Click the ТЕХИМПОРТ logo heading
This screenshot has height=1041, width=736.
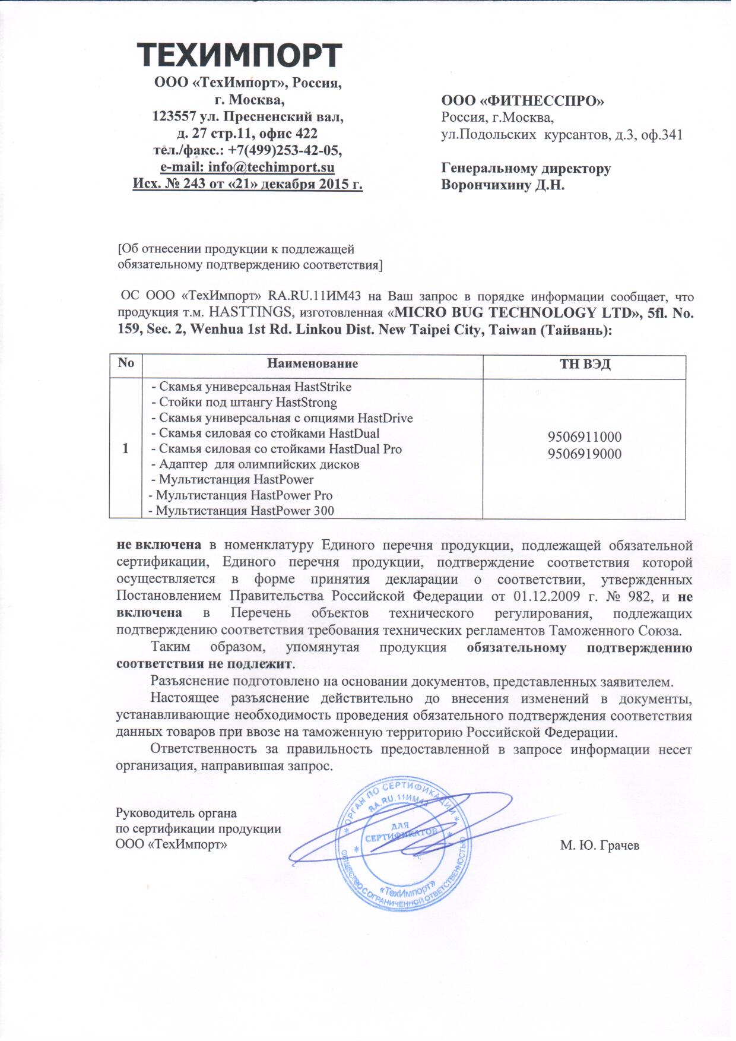[x=240, y=55]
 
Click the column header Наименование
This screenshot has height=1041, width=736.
[x=312, y=363]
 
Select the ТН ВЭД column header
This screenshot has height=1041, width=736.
[x=585, y=364]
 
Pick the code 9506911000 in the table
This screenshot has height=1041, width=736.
[x=584, y=438]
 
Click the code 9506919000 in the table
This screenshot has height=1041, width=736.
[x=584, y=454]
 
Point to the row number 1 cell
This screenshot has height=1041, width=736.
[x=126, y=449]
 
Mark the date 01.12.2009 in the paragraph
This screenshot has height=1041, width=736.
[x=519, y=596]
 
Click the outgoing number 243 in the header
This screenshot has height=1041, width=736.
[x=194, y=184]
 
